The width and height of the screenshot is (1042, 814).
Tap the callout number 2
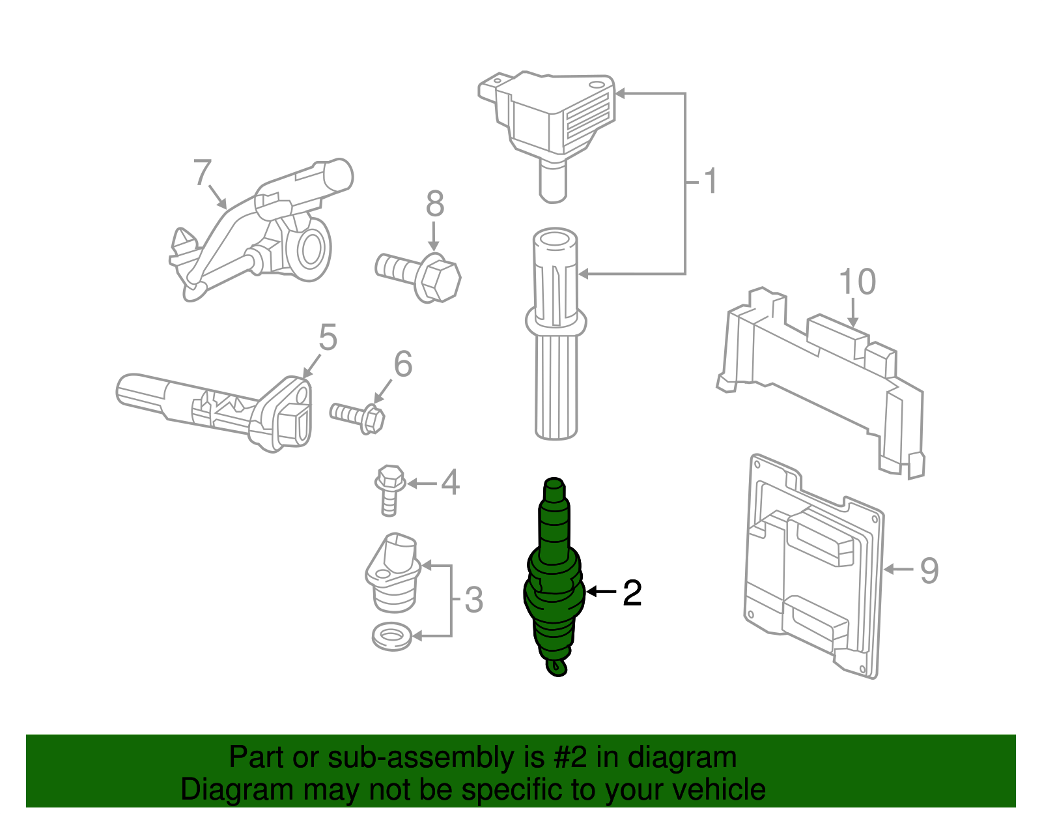coord(632,593)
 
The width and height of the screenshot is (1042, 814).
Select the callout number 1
coord(711,181)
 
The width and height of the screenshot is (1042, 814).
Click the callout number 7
coord(203,173)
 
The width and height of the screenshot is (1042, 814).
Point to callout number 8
coord(435,204)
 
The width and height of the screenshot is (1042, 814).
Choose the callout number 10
coord(857,282)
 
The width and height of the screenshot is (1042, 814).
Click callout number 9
coord(929,570)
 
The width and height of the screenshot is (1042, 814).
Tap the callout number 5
coord(328,338)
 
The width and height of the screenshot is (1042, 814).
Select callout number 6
coord(403,364)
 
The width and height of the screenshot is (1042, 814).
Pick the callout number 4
coord(451,483)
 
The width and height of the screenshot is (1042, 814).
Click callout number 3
coord(474,600)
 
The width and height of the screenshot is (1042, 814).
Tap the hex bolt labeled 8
coord(421,276)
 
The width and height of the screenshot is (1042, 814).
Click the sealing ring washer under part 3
coord(391,636)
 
